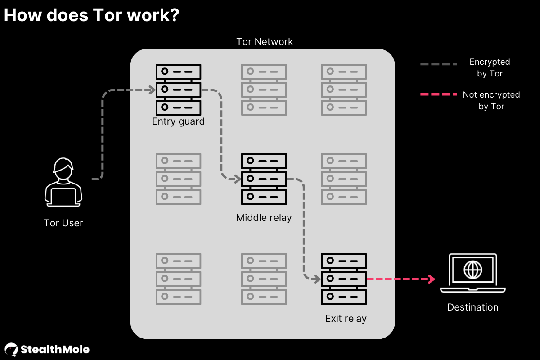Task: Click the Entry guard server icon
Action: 178,90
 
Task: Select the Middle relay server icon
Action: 264,179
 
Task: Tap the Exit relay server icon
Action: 344,279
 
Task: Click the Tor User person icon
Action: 63,182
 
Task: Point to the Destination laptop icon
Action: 472,273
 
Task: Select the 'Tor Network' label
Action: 265,42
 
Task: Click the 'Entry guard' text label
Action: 178,121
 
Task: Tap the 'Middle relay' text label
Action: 264,218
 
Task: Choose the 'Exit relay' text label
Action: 346,319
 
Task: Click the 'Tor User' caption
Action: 63,223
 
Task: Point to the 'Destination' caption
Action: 472,307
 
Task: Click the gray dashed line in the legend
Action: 438,64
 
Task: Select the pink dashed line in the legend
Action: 438,94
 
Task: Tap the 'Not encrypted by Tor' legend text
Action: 491,101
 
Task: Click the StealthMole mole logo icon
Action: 11,350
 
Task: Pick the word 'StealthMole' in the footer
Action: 54,350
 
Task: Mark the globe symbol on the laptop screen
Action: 472,270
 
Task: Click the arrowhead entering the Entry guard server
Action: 152,90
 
